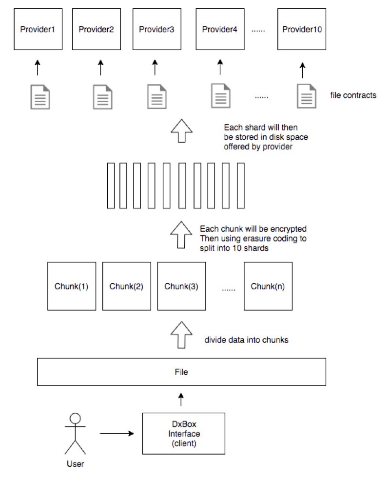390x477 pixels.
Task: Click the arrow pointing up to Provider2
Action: tap(100, 67)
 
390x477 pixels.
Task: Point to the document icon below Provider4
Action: tap(220, 95)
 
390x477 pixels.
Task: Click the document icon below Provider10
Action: tap(307, 96)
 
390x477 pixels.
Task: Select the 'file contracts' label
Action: tap(353, 95)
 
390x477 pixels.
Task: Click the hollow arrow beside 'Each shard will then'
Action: tap(181, 130)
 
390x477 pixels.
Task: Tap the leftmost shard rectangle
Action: tap(111, 185)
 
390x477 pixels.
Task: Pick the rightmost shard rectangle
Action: tap(241, 185)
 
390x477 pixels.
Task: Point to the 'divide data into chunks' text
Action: tap(246, 340)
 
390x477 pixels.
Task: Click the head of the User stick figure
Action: tap(75, 418)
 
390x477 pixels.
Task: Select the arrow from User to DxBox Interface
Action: tap(117, 434)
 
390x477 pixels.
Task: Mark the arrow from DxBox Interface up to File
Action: tap(181, 399)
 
